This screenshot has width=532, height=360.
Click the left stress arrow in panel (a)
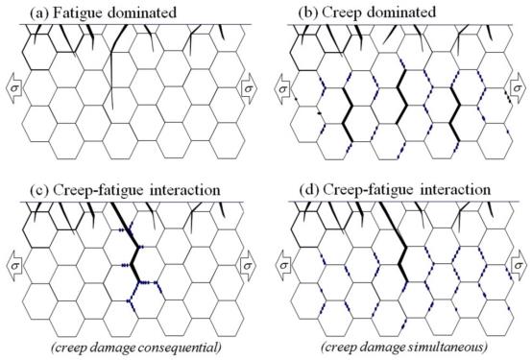pos(14,88)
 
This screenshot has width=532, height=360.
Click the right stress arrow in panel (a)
pos(249,88)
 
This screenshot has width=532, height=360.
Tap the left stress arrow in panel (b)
pos(282,89)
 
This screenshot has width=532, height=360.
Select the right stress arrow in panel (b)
pos(517,88)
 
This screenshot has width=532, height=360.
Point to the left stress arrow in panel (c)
pos(14,266)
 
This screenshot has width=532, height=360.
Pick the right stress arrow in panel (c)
pos(248,266)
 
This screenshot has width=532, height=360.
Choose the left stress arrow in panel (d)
pos(284,266)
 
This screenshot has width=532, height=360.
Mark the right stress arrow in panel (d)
pos(518,266)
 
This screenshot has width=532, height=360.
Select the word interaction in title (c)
pos(185,189)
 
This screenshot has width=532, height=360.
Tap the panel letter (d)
pos(309,190)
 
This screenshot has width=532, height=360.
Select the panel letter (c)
pos(39,190)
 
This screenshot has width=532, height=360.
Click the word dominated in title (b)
pos(401,12)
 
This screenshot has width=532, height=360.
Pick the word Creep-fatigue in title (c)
pos(100,190)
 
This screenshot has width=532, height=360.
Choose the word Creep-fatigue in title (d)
pos(370,190)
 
